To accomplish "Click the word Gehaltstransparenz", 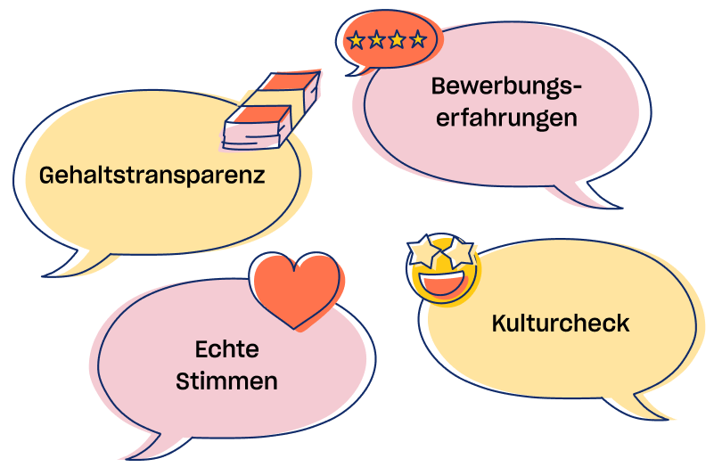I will (x=152, y=175).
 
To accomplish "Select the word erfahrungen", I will (x=505, y=118).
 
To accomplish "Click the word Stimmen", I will (x=226, y=381).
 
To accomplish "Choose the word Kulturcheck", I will (x=560, y=323).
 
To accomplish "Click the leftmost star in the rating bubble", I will (x=357, y=40).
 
